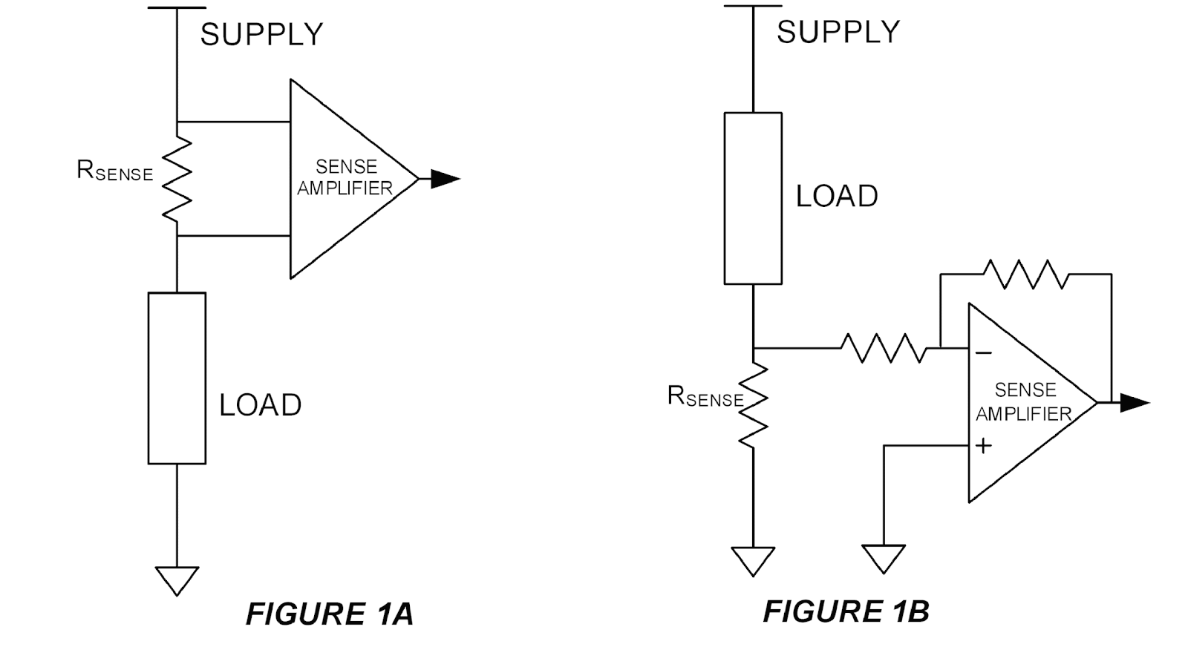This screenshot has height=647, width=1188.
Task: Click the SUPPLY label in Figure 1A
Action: point(261,34)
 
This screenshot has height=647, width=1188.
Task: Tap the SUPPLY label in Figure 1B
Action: point(838,32)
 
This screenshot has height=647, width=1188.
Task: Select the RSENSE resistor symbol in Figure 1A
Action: point(177,179)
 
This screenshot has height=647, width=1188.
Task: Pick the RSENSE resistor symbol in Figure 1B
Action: point(753,405)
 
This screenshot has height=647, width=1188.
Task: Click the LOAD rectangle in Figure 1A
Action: point(177,378)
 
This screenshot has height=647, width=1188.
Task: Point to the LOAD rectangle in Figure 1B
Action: point(753,198)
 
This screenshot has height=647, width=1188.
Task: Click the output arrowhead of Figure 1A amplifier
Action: point(445,179)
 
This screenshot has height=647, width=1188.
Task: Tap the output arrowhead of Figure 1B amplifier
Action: point(1134,403)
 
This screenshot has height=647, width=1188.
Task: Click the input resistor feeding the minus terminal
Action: point(884,348)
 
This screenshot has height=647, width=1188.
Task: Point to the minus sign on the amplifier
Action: point(983,353)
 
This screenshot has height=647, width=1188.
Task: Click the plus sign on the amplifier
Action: point(983,446)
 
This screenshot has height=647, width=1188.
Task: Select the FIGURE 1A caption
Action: point(329,614)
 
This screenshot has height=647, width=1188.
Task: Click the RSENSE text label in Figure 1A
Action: point(114,171)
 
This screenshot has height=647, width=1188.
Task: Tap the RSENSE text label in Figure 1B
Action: point(705,397)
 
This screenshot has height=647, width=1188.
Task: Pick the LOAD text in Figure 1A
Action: point(260,405)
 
